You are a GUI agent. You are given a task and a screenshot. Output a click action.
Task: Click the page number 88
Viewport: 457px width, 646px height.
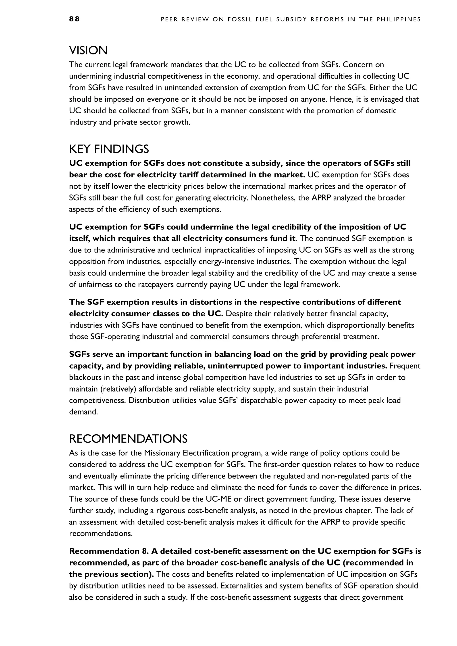[74, 19]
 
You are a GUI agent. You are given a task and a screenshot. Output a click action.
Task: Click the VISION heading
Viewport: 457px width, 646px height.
[88, 51]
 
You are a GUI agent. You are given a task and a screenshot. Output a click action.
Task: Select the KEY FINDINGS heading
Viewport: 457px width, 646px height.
[109, 149]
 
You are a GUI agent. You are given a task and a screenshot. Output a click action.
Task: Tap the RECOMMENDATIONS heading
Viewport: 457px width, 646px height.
[128, 439]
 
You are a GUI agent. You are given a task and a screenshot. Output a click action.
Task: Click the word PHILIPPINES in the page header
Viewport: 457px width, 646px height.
[399, 19]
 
